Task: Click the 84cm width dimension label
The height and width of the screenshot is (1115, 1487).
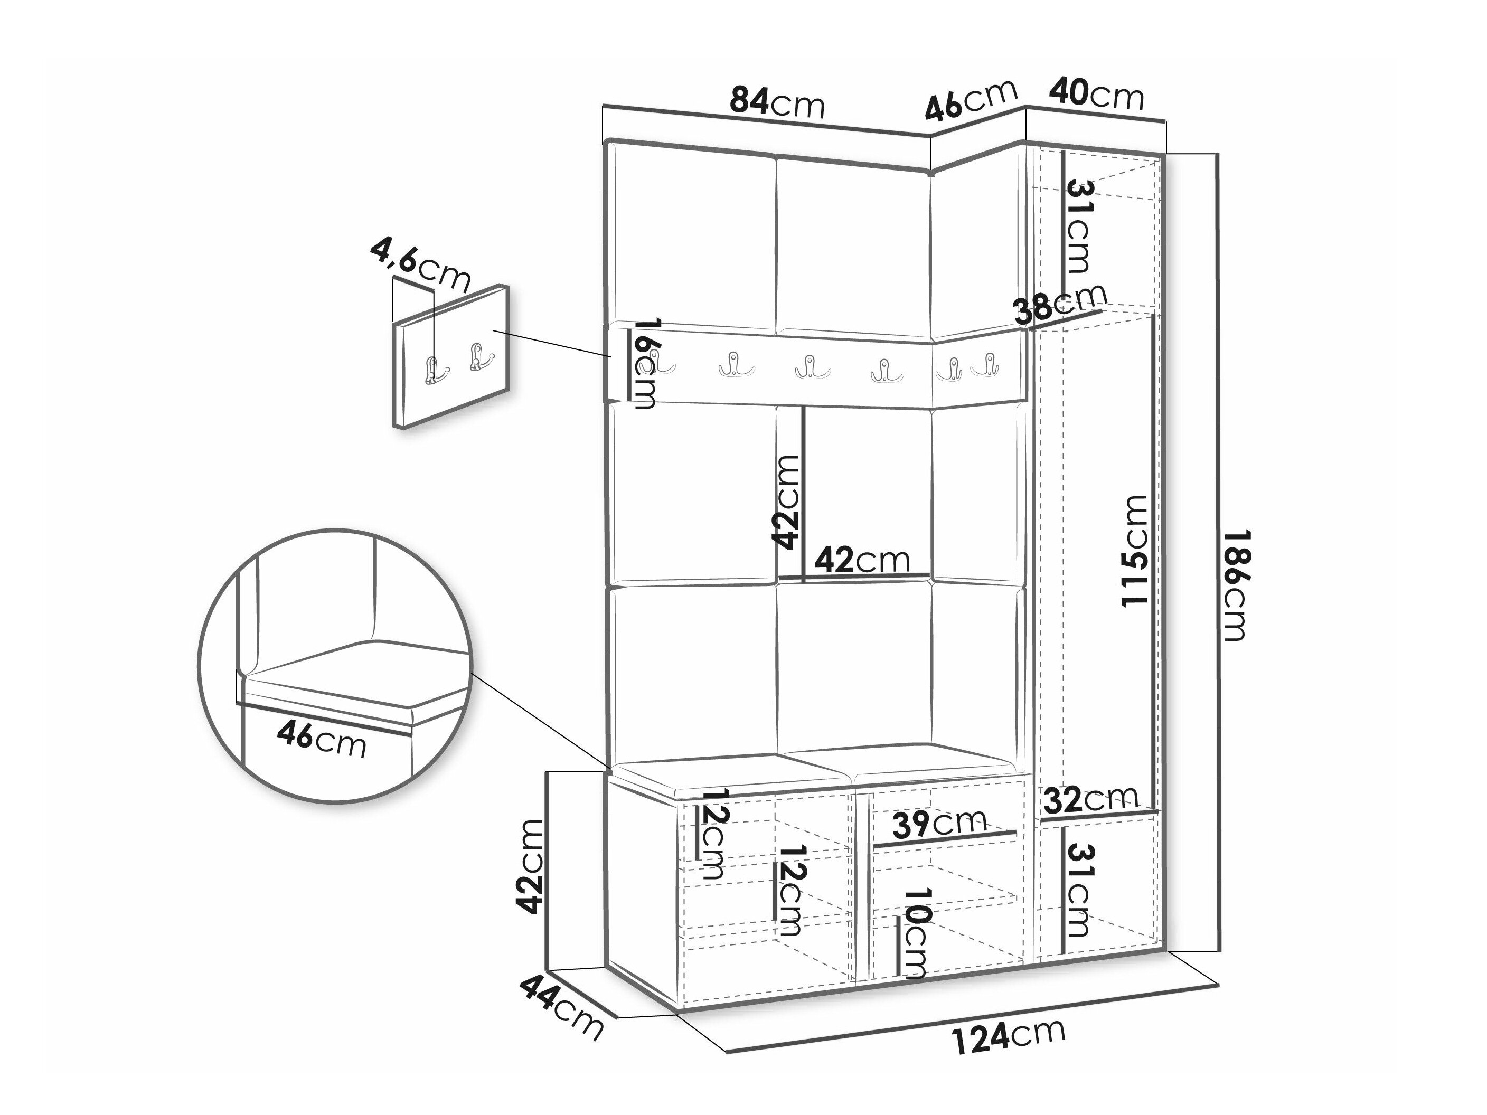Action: pyautogui.click(x=777, y=103)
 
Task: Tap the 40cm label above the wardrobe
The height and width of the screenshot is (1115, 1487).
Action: pyautogui.click(x=1096, y=96)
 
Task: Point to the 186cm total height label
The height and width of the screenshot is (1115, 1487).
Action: pyautogui.click(x=1236, y=585)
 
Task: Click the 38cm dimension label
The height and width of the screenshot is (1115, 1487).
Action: pyautogui.click(x=1060, y=305)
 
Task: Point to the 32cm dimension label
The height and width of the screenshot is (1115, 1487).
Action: pyautogui.click(x=1091, y=799)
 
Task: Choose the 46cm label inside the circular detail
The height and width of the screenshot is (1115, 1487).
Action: pyautogui.click(x=322, y=741)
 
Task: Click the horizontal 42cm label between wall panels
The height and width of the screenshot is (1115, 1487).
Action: pyautogui.click(x=862, y=560)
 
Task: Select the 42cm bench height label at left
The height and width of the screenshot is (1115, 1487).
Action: pyautogui.click(x=530, y=866)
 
